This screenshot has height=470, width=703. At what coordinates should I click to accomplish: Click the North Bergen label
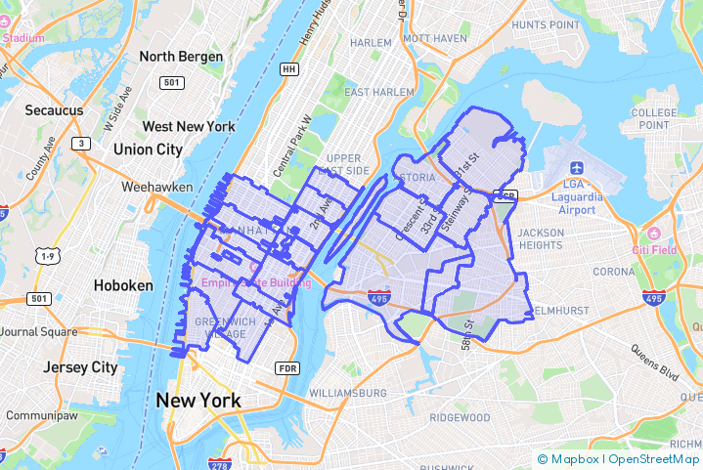(x=181, y=57)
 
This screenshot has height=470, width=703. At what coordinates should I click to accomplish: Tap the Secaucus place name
(x=55, y=110)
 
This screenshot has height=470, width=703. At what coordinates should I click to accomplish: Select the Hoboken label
(x=123, y=285)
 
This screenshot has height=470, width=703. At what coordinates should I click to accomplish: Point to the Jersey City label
(x=80, y=368)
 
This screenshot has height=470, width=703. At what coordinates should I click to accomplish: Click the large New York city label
(x=198, y=401)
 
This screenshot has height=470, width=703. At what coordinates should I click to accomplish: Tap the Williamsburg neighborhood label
(x=347, y=393)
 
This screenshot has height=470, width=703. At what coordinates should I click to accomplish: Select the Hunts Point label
(x=547, y=23)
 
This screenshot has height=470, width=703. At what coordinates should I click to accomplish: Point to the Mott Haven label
(x=435, y=38)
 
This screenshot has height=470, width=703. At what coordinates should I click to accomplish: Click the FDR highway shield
(x=287, y=368)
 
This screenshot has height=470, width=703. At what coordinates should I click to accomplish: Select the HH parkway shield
(x=288, y=69)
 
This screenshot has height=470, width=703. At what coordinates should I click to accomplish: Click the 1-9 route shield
(x=47, y=256)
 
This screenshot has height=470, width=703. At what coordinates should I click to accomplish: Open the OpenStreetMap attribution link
(x=654, y=458)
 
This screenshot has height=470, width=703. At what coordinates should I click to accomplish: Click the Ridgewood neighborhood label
(x=459, y=417)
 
